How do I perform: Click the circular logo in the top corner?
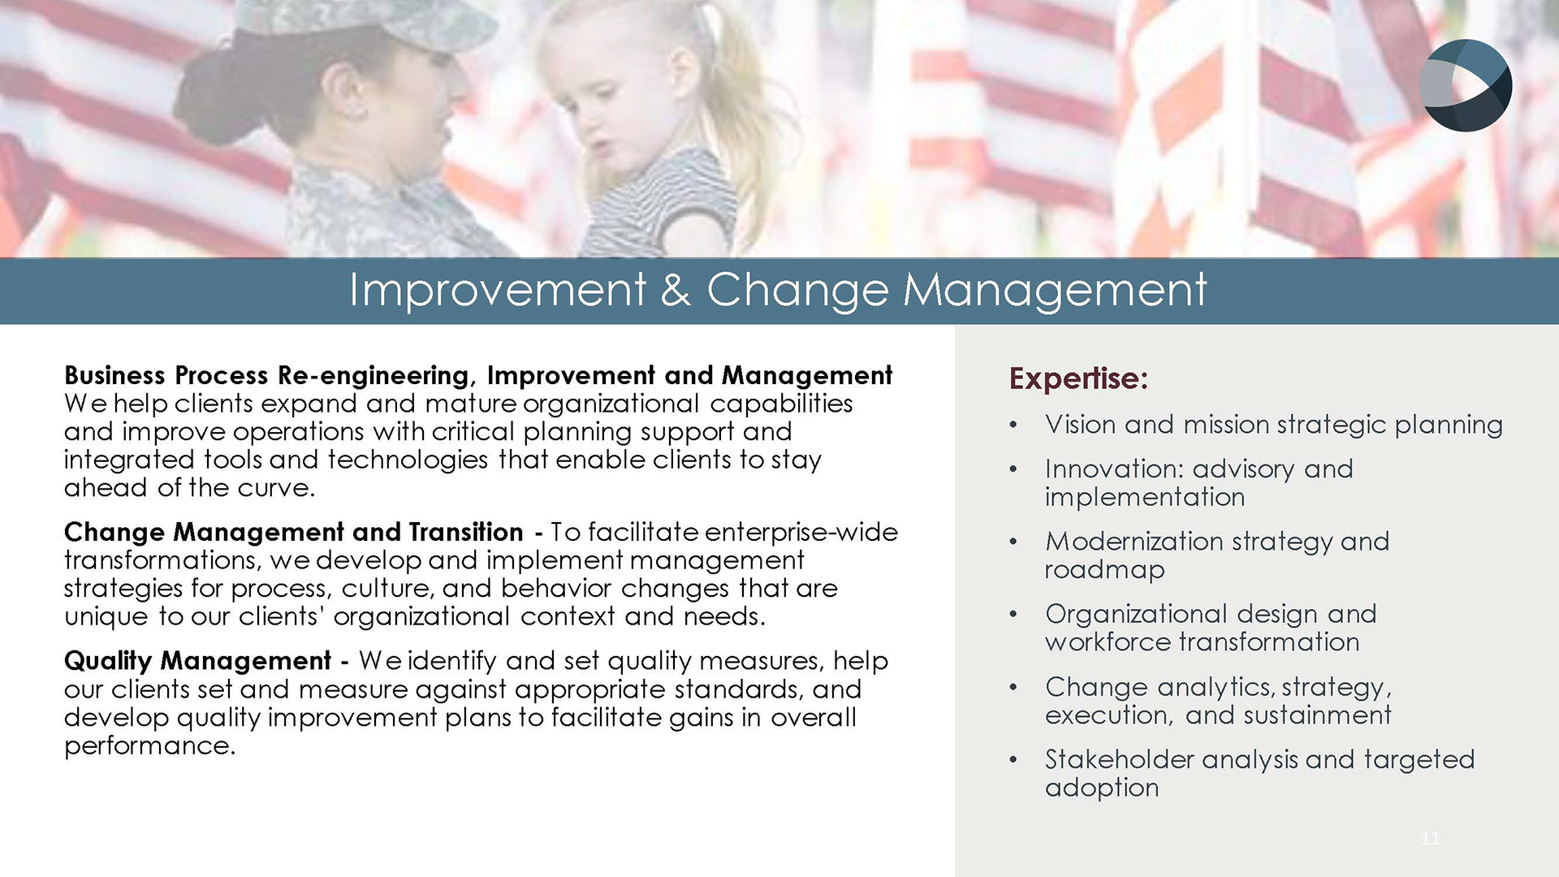tap(1466, 85)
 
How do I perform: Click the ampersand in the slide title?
tap(676, 290)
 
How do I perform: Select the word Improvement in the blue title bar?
tap(498, 290)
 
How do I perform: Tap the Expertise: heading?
tap(1078, 378)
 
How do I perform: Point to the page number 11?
tap(1430, 838)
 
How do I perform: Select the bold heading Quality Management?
tap(197, 661)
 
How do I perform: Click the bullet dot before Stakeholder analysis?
tap(1013, 761)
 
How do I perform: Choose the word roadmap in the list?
tap(1104, 570)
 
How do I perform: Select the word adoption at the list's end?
tap(1102, 788)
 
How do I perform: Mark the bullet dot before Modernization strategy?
tap(1013, 542)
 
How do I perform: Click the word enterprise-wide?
tap(801, 533)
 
